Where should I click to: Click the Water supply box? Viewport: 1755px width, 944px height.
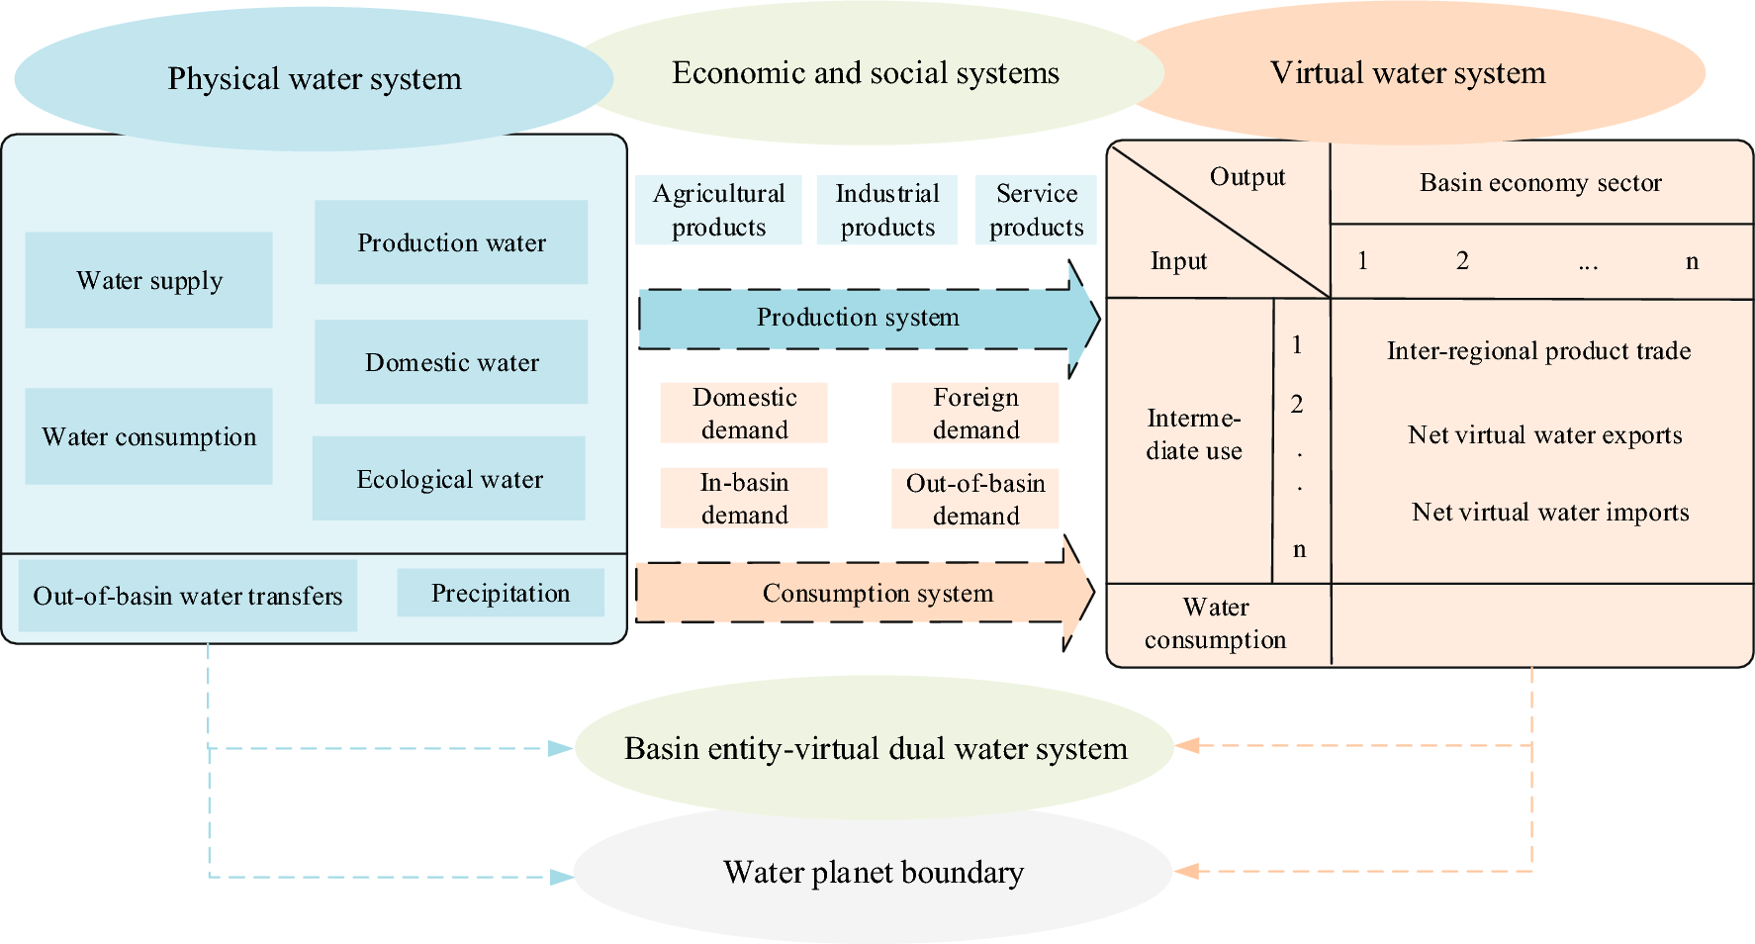pyautogui.click(x=148, y=280)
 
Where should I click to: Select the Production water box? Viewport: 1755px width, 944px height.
pyautogui.click(x=451, y=242)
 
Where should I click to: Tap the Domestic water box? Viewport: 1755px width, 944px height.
pyautogui.click(x=451, y=362)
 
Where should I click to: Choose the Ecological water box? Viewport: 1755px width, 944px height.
pyautogui.click(x=449, y=479)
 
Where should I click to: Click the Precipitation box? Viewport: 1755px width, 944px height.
pyautogui.click(x=501, y=593)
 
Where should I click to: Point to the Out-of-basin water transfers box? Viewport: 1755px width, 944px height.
pyautogui.click(x=188, y=596)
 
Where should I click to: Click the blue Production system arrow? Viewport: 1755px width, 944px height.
pyautogui.click(x=858, y=318)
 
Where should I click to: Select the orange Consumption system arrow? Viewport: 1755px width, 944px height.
pyautogui.click(x=861, y=593)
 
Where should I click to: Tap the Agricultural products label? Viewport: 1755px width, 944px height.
pyautogui.click(x=719, y=210)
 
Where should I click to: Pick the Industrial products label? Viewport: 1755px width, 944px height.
pyautogui.click(x=887, y=210)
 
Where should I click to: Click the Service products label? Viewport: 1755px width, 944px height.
pyautogui.click(x=1036, y=210)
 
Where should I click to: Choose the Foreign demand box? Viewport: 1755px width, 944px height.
pyautogui.click(x=975, y=414)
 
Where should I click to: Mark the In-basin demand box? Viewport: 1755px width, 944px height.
pyautogui.click(x=744, y=499)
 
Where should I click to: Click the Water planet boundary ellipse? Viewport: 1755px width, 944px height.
pyautogui.click(x=873, y=873)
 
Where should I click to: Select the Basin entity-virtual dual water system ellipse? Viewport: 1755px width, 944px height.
pyautogui.click(x=875, y=748)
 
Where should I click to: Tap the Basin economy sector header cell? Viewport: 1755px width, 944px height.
pyautogui.click(x=1540, y=183)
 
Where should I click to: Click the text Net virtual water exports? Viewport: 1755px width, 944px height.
pyautogui.click(x=1544, y=435)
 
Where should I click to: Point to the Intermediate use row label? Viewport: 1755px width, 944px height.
pyautogui.click(x=1193, y=434)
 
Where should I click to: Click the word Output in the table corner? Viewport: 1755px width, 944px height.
pyautogui.click(x=1247, y=177)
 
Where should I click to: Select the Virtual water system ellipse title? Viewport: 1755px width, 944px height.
pyautogui.click(x=1408, y=73)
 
